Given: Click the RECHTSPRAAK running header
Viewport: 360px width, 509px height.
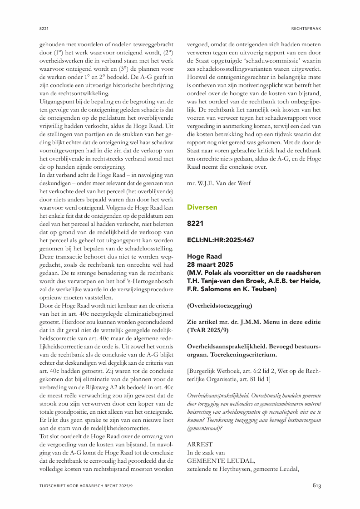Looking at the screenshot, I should point(306,29).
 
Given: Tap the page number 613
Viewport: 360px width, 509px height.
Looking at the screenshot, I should point(316,486).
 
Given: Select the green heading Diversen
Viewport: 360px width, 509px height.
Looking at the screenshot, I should point(202,207).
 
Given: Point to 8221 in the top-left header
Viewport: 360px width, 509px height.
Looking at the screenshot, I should point(44,29).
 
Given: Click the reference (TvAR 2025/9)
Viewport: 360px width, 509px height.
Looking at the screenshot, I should point(209,330).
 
